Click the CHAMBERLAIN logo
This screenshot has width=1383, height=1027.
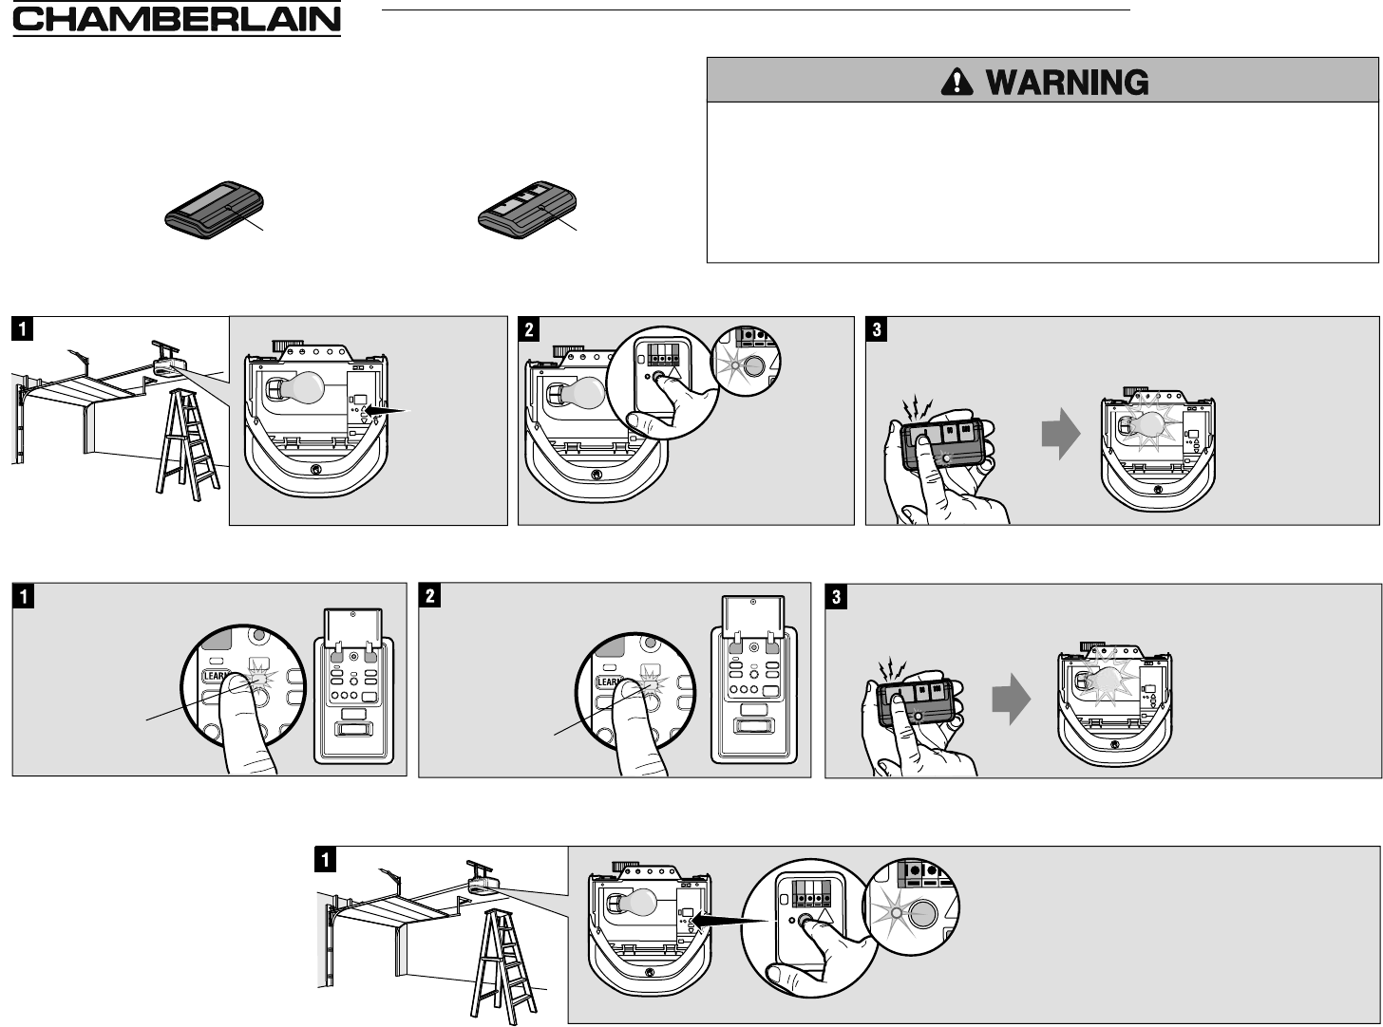(176, 21)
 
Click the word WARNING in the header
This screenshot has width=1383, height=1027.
(1068, 84)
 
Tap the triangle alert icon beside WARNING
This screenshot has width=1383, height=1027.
(957, 84)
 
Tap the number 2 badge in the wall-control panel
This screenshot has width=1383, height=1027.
(429, 597)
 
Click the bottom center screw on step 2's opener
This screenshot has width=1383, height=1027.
(596, 475)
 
